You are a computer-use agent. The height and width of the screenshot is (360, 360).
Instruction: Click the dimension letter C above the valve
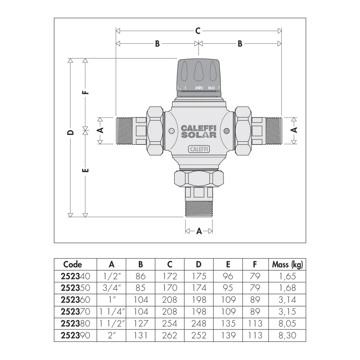(x=198, y=31)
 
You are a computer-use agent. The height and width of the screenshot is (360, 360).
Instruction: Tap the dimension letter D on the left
(x=71, y=133)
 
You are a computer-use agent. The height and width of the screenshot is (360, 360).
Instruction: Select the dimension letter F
(x=85, y=92)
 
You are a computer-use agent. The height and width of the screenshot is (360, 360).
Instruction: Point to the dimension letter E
(x=85, y=171)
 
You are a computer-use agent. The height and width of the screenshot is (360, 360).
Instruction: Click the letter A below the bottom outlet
(x=199, y=231)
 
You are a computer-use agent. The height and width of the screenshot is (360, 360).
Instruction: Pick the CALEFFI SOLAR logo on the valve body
(x=199, y=131)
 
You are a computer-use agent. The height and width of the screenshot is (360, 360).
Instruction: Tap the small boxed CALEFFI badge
(x=199, y=149)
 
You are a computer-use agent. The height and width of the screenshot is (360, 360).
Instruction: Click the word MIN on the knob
(x=199, y=88)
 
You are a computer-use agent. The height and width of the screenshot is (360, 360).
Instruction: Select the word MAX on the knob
(x=211, y=88)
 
